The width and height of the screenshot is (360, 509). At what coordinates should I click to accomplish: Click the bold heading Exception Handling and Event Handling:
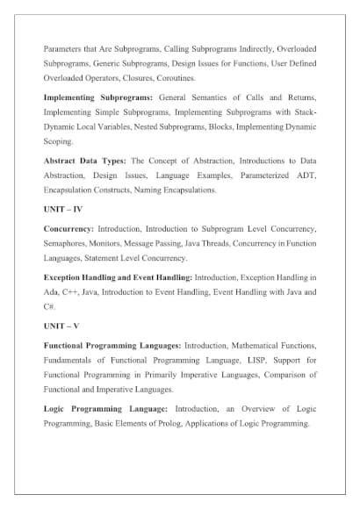click(118, 276)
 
